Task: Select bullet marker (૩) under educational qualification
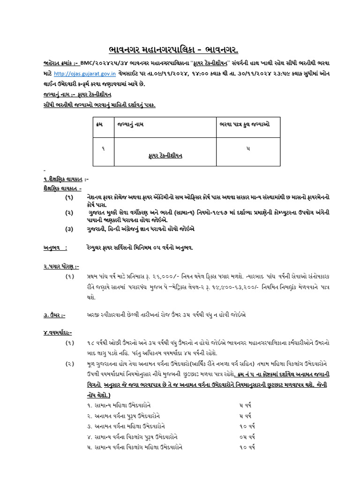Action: (69, 230)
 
